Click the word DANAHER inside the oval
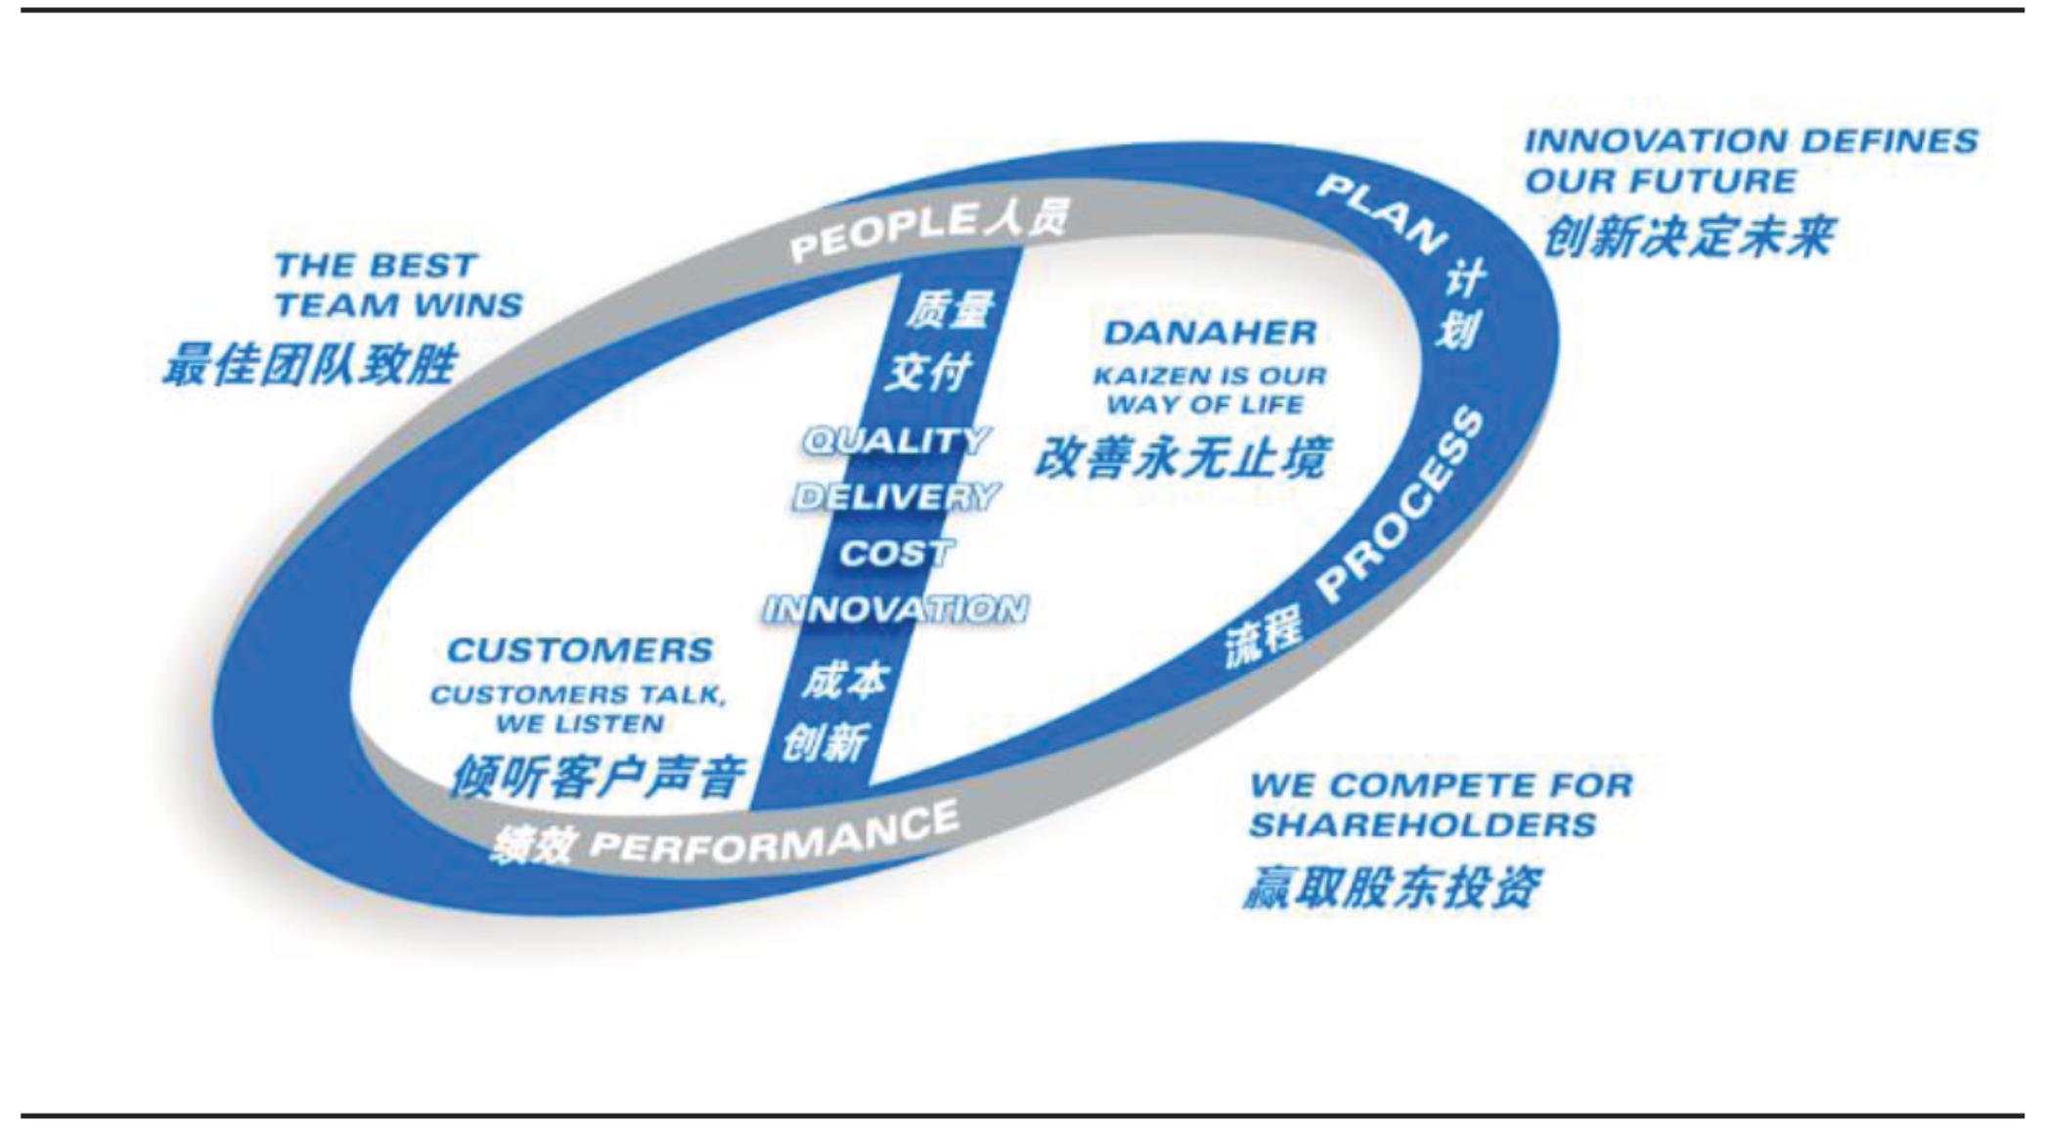[1210, 333]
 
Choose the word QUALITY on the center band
[896, 441]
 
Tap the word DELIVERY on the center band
[896, 497]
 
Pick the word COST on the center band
[896, 554]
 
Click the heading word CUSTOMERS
[580, 651]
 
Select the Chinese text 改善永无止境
[1182, 457]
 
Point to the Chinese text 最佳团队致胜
[310, 365]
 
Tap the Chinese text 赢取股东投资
[1392, 887]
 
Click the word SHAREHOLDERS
[1423, 825]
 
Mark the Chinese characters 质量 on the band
[949, 310]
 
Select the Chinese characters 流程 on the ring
[1264, 636]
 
